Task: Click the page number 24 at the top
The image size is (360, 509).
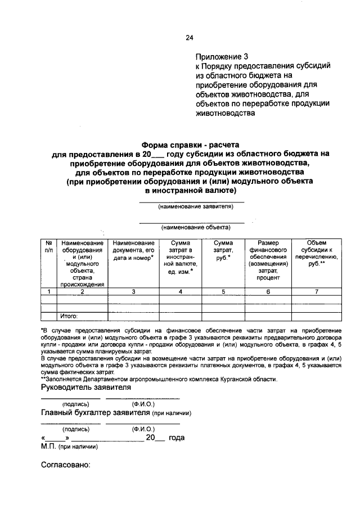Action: coord(190,38)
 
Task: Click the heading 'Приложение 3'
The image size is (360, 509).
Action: coord(222,57)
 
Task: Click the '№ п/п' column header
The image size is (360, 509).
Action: coord(49,245)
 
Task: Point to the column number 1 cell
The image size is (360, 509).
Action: coord(49,291)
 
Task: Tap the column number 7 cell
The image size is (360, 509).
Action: coord(317,291)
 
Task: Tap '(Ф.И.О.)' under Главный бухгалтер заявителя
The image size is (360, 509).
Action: coord(143,429)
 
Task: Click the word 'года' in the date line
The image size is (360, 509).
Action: coord(177,438)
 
